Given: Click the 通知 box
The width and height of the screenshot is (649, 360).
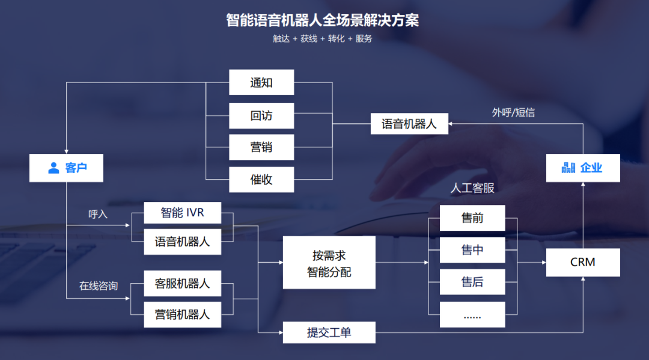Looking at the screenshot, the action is pyautogui.click(x=261, y=82).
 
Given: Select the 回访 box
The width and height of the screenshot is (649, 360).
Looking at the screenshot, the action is pyautogui.click(x=261, y=115).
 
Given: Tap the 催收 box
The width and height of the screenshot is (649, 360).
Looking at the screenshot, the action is pyautogui.click(x=261, y=180).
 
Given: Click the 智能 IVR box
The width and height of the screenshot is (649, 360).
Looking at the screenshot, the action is pyautogui.click(x=183, y=213).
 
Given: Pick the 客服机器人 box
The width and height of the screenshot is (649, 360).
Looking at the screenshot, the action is pyautogui.click(x=183, y=284).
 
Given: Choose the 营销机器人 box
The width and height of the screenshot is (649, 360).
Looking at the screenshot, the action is pyautogui.click(x=183, y=314).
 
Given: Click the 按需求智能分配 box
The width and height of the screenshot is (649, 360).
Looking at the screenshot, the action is pyautogui.click(x=329, y=263).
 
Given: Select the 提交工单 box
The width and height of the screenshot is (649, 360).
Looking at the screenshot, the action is pyautogui.click(x=329, y=332).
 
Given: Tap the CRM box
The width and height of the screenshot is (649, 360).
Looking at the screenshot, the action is pyautogui.click(x=583, y=263).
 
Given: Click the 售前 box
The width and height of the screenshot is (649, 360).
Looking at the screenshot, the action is pyautogui.click(x=472, y=218).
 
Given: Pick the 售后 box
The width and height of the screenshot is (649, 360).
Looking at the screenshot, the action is pyautogui.click(x=472, y=282).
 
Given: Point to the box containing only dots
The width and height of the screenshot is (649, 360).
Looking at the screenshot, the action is pyautogui.click(x=472, y=314).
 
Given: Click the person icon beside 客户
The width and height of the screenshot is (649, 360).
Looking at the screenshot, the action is pyautogui.click(x=53, y=168).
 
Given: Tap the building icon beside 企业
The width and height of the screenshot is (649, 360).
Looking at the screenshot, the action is pyautogui.click(x=568, y=168).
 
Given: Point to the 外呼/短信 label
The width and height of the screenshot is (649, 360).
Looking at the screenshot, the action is pyautogui.click(x=513, y=112).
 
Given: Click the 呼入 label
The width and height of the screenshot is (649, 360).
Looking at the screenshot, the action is pyautogui.click(x=98, y=214).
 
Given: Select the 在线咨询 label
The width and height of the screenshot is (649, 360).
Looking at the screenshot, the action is pyautogui.click(x=99, y=286).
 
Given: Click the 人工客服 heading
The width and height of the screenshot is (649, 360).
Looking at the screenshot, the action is pyautogui.click(x=472, y=188).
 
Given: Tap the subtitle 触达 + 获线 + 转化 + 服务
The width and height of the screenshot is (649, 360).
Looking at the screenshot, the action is pyautogui.click(x=323, y=38).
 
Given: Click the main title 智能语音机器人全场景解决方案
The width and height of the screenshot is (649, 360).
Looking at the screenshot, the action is pyautogui.click(x=323, y=20).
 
